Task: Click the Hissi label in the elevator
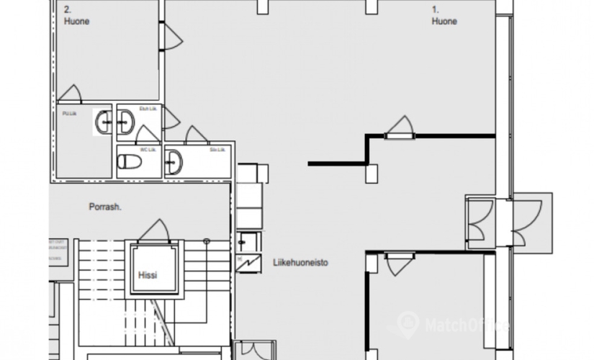pyautogui.click(x=148, y=275)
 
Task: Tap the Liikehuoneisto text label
pyautogui.click(x=300, y=263)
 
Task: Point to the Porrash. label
pyautogui.click(x=105, y=207)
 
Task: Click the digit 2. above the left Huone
pyautogui.click(x=68, y=9)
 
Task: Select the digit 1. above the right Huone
pyautogui.click(x=436, y=9)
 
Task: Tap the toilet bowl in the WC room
pyautogui.click(x=130, y=161)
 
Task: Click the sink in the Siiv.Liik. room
pyautogui.click(x=174, y=163)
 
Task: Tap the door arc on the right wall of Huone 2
pyautogui.click(x=171, y=37)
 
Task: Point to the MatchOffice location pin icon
pyautogui.click(x=408, y=323)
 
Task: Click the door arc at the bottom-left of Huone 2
pyautogui.click(x=70, y=94)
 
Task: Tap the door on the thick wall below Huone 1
pyautogui.click(x=400, y=127)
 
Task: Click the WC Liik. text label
pyautogui.click(x=148, y=150)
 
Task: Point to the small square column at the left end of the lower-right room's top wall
pyautogui.click(x=372, y=263)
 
